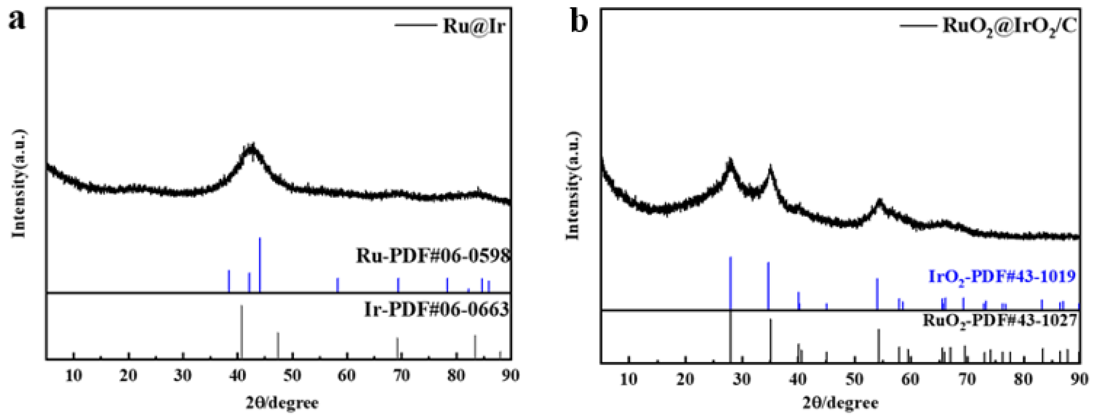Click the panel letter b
[580, 21]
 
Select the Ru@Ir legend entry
[473, 26]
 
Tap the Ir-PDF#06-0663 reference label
[437, 310]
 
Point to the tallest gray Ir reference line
[242, 331]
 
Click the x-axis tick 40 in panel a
[238, 375]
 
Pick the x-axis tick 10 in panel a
[74, 375]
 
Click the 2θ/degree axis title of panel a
[282, 402]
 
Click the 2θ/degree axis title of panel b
[840, 403]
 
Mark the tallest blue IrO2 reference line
[730, 283]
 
